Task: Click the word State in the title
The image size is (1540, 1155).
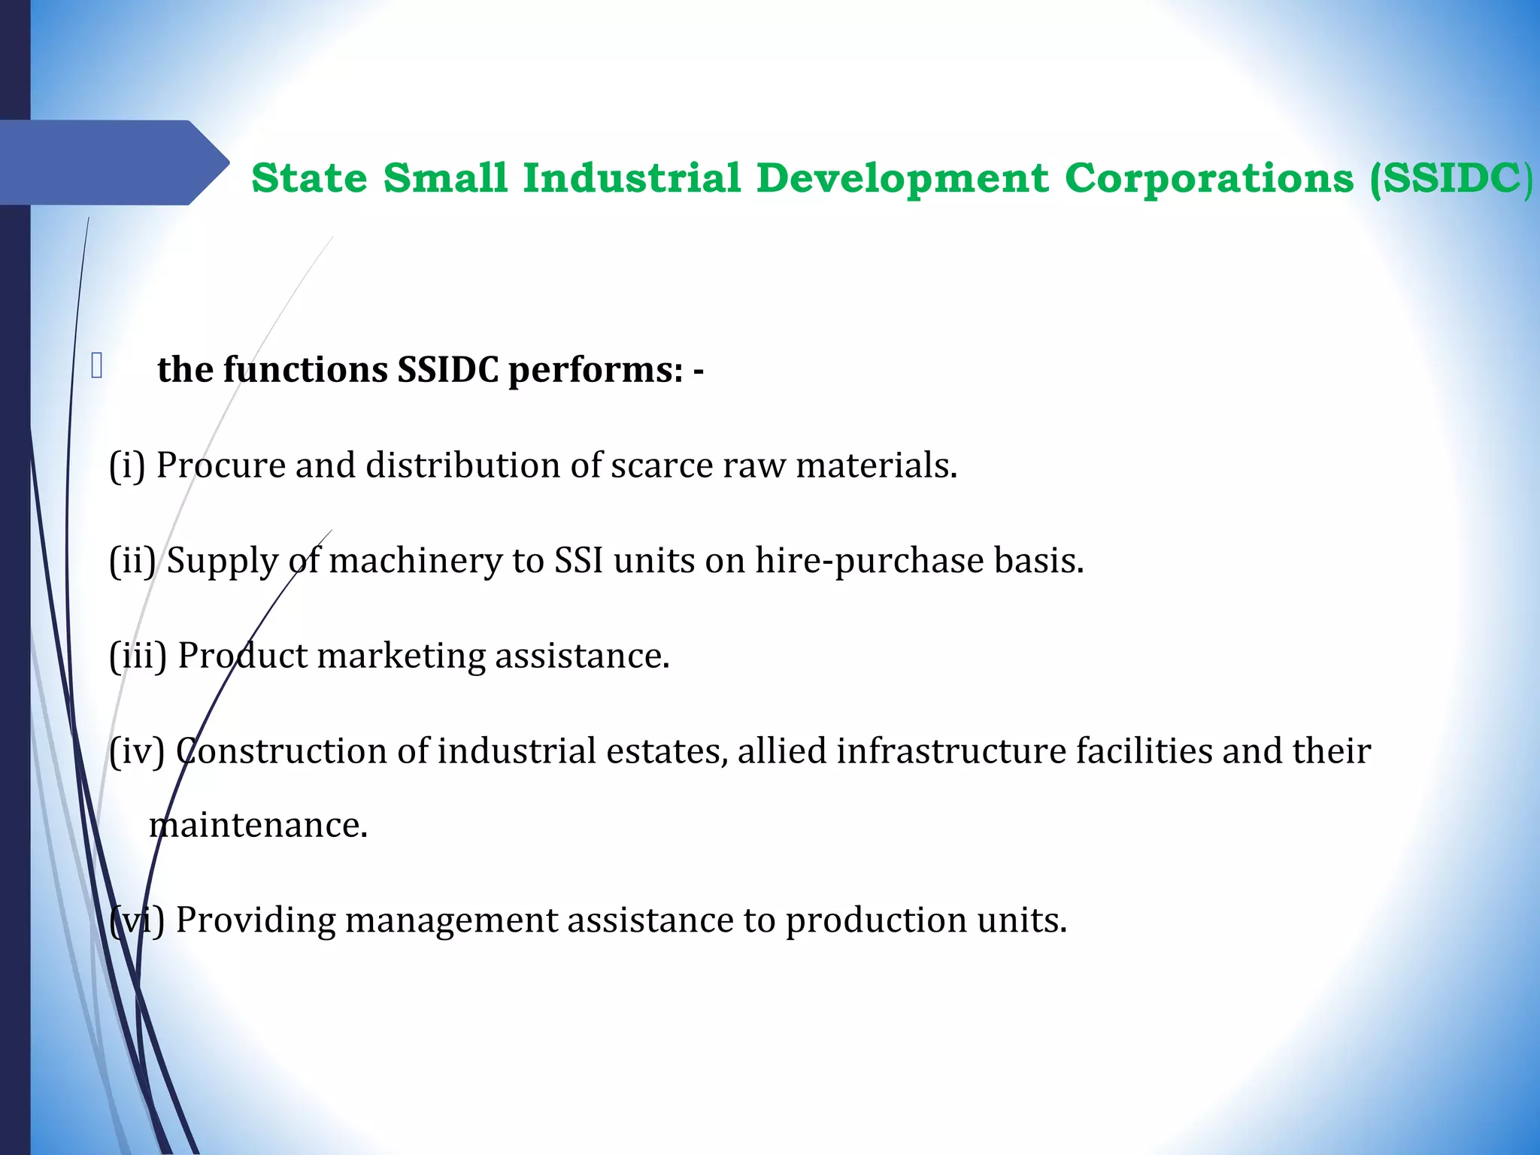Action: click(309, 178)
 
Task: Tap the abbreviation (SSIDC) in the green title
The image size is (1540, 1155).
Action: click(1451, 179)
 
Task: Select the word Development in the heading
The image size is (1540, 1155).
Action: click(902, 179)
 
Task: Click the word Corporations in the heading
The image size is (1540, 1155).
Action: click(1209, 179)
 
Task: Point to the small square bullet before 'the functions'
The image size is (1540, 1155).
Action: click(96, 366)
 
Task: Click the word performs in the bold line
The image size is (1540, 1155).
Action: click(595, 370)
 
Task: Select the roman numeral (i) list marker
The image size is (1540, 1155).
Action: click(127, 465)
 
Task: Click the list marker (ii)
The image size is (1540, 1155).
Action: click(132, 561)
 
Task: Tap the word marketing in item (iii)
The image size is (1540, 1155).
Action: click(401, 656)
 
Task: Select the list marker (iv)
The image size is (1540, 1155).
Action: click(137, 751)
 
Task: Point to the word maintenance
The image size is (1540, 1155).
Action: click(258, 826)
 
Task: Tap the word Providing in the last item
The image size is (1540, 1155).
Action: click(256, 920)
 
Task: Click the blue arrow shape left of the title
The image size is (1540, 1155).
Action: click(113, 163)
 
